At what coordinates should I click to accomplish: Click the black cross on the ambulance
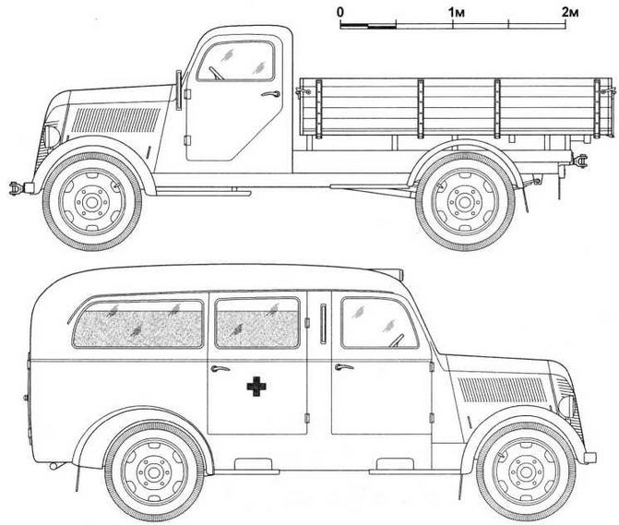tap(255, 387)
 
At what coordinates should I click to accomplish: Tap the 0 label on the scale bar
tap(341, 11)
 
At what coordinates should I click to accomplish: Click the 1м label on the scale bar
tap(456, 11)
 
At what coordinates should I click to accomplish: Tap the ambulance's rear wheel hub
tap(153, 471)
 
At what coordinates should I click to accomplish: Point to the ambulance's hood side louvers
tap(498, 390)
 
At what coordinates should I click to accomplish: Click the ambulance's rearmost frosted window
tap(137, 324)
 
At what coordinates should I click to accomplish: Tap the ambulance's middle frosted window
tap(257, 322)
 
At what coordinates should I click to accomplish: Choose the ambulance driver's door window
tap(379, 322)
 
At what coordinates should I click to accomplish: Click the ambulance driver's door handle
tap(343, 367)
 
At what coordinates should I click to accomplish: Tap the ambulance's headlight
tap(565, 406)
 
